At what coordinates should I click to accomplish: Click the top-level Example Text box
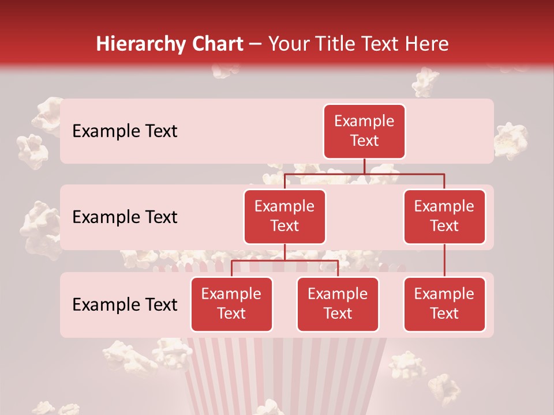[364, 131]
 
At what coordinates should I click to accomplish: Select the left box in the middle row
[285, 216]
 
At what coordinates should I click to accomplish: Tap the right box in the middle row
[444, 216]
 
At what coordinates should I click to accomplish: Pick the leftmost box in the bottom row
[231, 304]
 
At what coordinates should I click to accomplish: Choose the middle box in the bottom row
[338, 304]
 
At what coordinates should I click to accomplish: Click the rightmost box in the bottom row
[444, 304]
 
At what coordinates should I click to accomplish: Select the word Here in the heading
[426, 44]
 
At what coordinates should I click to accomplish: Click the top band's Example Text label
[125, 131]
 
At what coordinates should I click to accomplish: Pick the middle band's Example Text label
[125, 217]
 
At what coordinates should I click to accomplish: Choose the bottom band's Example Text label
[125, 304]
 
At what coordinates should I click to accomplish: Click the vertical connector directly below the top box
[364, 166]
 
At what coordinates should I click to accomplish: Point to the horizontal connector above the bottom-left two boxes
[285, 261]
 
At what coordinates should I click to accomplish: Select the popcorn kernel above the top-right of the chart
[426, 82]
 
